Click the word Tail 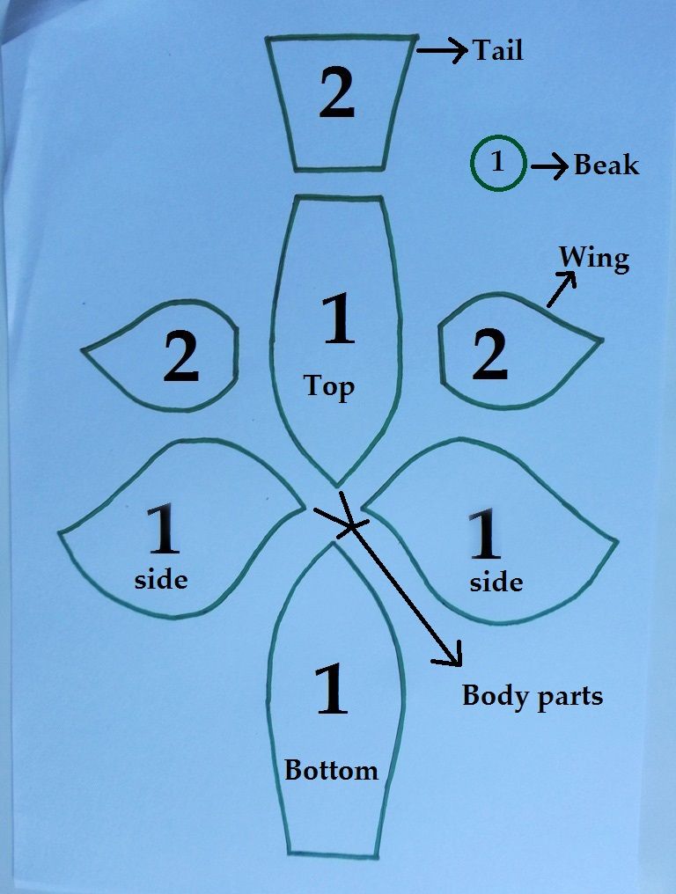pyautogui.click(x=498, y=50)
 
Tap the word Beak pyautogui.click(x=606, y=165)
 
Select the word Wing pyautogui.click(x=594, y=260)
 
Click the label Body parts pyautogui.click(x=533, y=696)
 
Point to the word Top pyautogui.click(x=328, y=387)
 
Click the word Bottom pyautogui.click(x=331, y=770)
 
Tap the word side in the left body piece pyautogui.click(x=161, y=579)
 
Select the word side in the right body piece pyautogui.click(x=496, y=583)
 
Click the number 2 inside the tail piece pyautogui.click(x=337, y=92)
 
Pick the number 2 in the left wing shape pyautogui.click(x=181, y=357)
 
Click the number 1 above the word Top pyautogui.click(x=339, y=319)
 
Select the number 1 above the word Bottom pyautogui.click(x=332, y=688)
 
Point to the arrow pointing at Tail pyautogui.click(x=443, y=50)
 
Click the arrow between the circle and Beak pyautogui.click(x=550, y=166)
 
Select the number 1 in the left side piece pyautogui.click(x=164, y=530)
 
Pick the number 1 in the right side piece pyautogui.click(x=485, y=533)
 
